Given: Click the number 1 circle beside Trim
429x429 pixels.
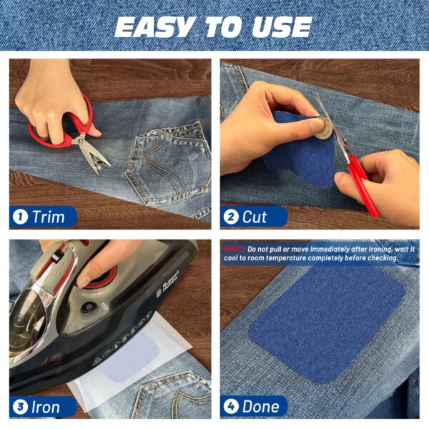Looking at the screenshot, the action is tap(21, 217).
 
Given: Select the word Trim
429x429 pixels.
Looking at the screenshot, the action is tap(49, 217).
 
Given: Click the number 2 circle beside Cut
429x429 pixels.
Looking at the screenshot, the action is tap(231, 217).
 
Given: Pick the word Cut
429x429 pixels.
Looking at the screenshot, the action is tap(255, 217).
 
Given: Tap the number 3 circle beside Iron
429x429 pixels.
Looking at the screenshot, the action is tap(21, 407).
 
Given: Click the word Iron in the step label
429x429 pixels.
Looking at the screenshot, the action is tap(46, 407).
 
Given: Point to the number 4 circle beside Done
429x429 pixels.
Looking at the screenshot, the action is tap(231, 407).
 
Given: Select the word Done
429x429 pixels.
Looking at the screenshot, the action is tap(261, 407).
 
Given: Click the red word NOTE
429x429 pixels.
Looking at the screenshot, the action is tap(233, 250).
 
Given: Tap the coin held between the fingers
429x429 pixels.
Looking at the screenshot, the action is tap(323, 128).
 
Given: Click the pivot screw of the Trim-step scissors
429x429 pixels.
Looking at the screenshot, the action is tap(80, 141).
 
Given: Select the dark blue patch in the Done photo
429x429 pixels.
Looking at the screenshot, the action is tap(327, 324).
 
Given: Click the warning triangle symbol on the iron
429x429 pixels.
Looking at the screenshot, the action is tap(97, 362).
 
